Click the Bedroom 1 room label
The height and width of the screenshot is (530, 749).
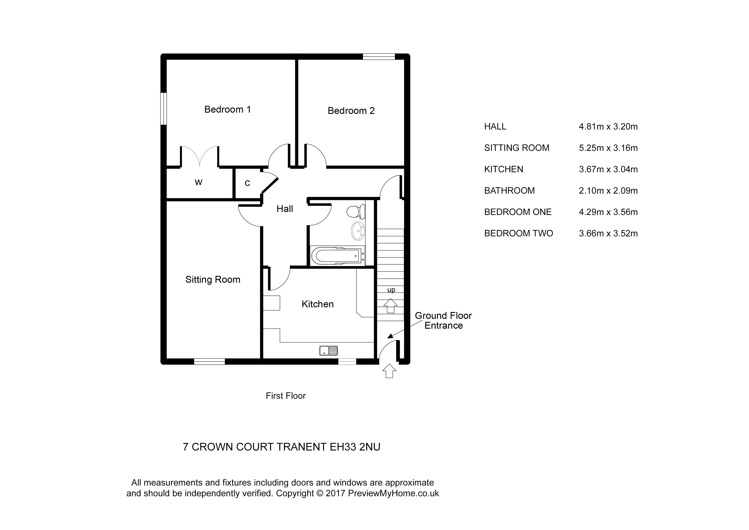[x=227, y=109]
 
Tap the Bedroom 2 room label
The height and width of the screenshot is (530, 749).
[x=351, y=111]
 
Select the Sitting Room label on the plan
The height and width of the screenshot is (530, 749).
[x=213, y=280]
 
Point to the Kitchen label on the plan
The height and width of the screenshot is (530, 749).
[x=317, y=304]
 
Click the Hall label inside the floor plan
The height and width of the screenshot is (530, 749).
[x=284, y=209]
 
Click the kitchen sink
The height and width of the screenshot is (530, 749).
[x=329, y=351]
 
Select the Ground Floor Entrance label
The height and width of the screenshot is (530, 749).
[x=443, y=320]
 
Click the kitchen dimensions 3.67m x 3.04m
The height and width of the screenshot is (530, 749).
[x=608, y=169]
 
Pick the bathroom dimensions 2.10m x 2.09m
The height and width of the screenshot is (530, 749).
[x=608, y=190]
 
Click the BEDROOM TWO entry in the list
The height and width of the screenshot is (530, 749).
[x=518, y=233]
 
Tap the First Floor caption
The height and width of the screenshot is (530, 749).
[x=285, y=396]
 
